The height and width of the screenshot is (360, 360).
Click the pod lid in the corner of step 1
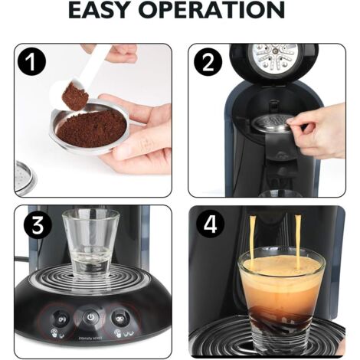(24, 177)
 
